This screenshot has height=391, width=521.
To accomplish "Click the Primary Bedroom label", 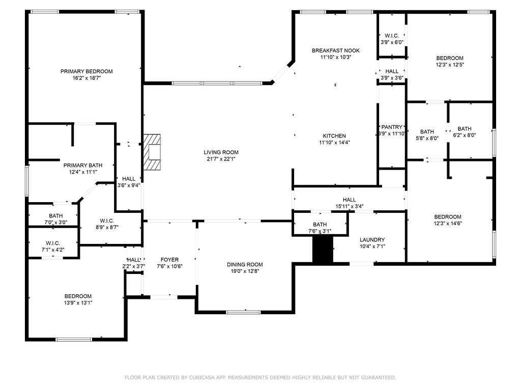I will coord(86,71).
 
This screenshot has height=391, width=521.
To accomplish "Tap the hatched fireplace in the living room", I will coord(152,151).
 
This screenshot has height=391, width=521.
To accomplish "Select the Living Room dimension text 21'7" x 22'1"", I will coord(221,159).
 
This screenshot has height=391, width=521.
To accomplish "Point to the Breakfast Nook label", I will coord(335,50).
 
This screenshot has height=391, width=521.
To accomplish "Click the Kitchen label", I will coord(334,136).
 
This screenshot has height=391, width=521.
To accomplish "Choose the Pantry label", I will coord(392,127).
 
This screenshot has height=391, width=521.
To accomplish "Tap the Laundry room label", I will coord(372,240).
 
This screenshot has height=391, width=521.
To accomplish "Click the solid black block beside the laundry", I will coord(322,250).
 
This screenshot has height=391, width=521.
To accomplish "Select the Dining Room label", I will coord(245,264).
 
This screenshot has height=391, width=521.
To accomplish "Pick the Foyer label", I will coord(169,260).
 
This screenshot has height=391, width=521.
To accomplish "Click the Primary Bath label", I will coord(82,165).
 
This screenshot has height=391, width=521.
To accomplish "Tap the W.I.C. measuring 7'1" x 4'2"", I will coord(53,243).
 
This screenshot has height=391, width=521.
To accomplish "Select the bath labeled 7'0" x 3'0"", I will coord(55,216).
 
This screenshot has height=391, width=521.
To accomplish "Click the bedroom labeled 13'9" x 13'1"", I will coord(78,296).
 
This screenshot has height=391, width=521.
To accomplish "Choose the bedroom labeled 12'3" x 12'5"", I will coord(449,58).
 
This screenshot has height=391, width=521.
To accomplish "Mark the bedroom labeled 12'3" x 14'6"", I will coord(447,216).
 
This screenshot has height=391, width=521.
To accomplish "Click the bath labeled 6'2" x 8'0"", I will coord(464,129).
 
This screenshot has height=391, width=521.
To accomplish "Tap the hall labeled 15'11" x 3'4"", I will coord(349,200).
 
